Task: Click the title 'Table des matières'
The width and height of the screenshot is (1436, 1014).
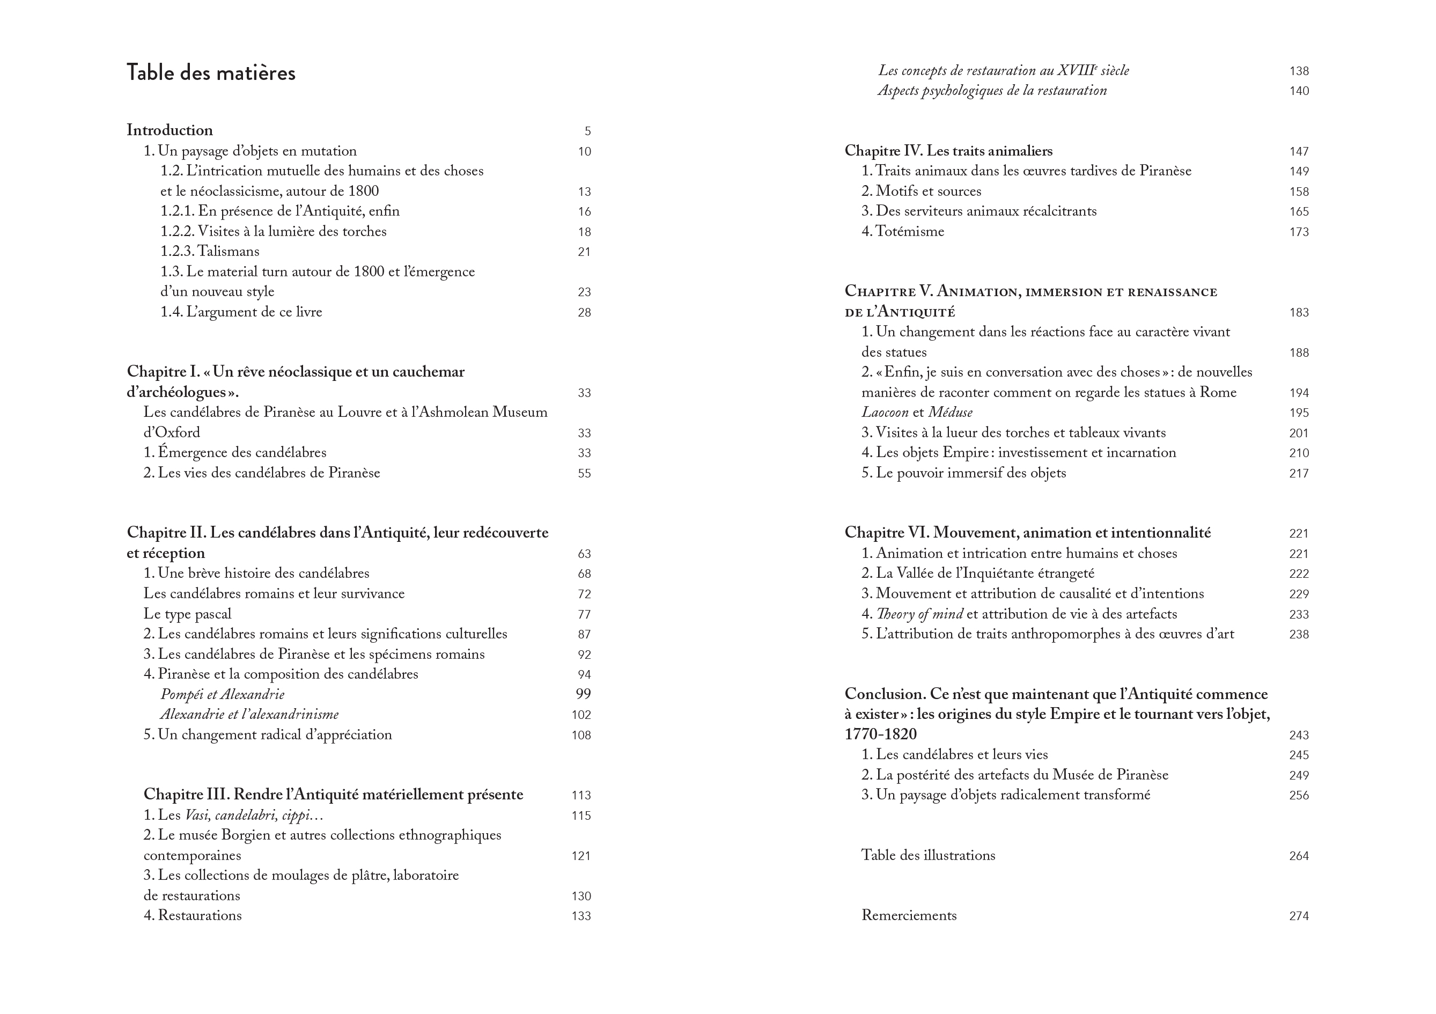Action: (211, 73)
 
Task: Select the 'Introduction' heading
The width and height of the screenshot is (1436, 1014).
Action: (170, 130)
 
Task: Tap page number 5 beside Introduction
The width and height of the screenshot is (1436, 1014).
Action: (587, 131)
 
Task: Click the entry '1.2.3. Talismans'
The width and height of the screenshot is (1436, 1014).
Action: (210, 252)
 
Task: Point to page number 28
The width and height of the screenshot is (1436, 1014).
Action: (584, 312)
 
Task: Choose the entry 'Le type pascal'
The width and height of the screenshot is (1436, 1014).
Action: (187, 614)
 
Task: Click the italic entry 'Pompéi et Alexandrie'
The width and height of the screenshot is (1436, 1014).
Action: (222, 694)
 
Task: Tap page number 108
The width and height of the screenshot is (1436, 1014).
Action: (581, 735)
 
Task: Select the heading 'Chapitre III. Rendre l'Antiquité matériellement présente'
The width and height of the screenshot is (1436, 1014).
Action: (333, 795)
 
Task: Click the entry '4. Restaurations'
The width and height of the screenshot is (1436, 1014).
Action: (192, 915)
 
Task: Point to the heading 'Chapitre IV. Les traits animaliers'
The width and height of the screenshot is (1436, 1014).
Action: (948, 151)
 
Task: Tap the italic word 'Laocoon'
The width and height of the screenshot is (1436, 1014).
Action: (885, 412)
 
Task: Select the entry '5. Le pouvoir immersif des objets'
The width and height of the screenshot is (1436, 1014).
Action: (963, 473)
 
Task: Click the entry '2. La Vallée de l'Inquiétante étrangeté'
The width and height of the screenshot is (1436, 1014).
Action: (977, 573)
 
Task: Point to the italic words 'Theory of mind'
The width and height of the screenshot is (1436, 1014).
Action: (919, 614)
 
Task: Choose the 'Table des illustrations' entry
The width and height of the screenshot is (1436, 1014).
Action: (928, 855)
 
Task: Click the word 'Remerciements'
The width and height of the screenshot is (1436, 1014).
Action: (909, 915)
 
